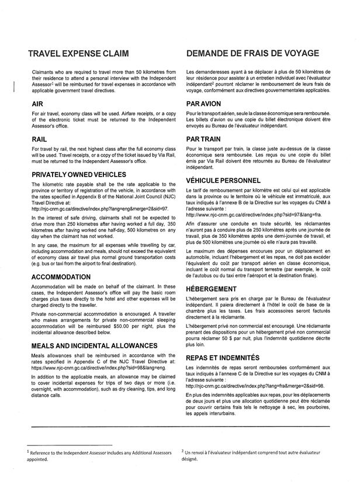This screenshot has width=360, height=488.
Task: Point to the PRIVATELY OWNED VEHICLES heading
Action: pyautogui.click(x=79, y=175)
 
